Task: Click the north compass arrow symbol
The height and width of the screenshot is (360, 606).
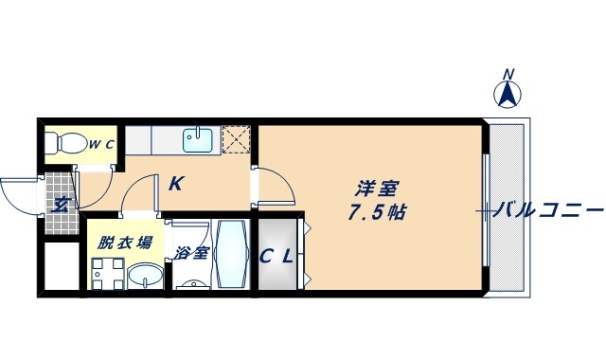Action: (x=508, y=94)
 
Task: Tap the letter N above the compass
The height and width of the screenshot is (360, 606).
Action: (x=508, y=73)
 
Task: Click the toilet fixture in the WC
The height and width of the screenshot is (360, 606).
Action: (x=64, y=144)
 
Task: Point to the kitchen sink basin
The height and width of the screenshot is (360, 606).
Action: (x=198, y=141)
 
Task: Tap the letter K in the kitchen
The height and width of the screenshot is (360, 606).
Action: (x=175, y=184)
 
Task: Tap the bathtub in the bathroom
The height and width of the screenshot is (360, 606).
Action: (x=231, y=254)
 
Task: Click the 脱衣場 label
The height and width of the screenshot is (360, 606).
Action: (x=124, y=243)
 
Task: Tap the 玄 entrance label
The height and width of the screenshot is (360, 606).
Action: (x=59, y=203)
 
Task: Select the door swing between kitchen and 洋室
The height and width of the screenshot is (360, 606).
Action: (x=275, y=186)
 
